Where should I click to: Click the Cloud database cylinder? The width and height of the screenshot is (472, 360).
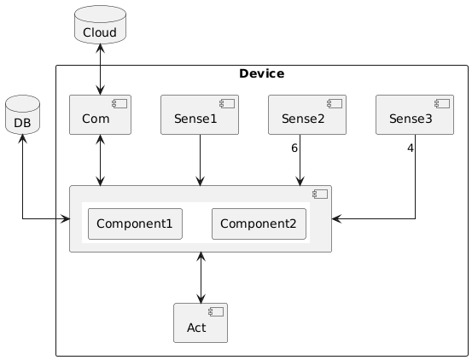pyautogui.click(x=100, y=25)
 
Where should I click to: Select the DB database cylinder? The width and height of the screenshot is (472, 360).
pyautogui.click(x=22, y=114)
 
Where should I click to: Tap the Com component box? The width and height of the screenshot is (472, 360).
pyautogui.click(x=100, y=114)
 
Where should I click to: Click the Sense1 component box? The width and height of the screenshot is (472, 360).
pyautogui.click(x=200, y=114)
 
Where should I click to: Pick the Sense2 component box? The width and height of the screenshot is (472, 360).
pyautogui.click(x=307, y=114)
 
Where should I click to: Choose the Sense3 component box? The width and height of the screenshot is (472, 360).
pyautogui.click(x=415, y=114)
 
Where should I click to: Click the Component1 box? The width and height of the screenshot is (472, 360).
pyautogui.click(x=135, y=224)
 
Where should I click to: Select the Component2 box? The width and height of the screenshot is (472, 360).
pyautogui.click(x=259, y=224)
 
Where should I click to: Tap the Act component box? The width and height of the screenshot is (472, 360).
pyautogui.click(x=201, y=322)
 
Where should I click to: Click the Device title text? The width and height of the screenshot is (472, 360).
pyautogui.click(x=261, y=73)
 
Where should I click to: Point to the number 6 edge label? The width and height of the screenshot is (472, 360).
pyautogui.click(x=294, y=148)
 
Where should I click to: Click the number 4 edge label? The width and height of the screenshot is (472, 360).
pyautogui.click(x=411, y=148)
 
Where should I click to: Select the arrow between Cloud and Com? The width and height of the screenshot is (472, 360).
pyautogui.click(x=100, y=69)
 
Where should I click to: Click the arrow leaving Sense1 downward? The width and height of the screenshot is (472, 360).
pyautogui.click(x=201, y=160)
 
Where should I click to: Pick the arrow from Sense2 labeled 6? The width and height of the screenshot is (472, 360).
pyautogui.click(x=300, y=160)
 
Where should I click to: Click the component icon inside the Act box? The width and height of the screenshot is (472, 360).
pyautogui.click(x=216, y=312)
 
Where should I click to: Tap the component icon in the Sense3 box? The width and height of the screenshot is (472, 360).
pyautogui.click(x=442, y=104)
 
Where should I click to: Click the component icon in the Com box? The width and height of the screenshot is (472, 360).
pyautogui.click(x=119, y=104)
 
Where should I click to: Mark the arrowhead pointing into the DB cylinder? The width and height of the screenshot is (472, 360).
pyautogui.click(x=22, y=138)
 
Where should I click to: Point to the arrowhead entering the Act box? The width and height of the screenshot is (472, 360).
pyautogui.click(x=201, y=299)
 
